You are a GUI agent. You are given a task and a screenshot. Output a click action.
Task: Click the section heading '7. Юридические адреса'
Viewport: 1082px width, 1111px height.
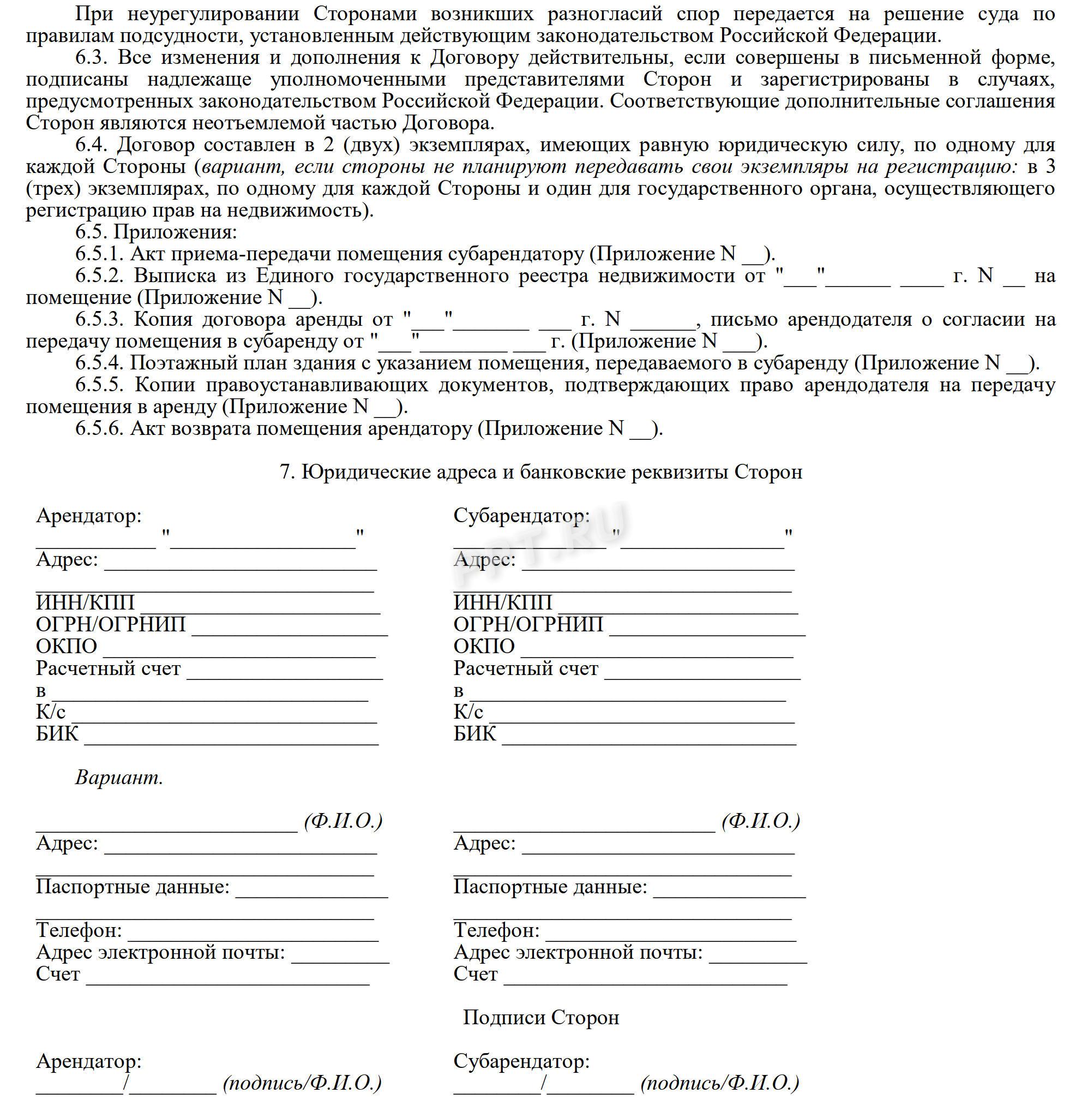[540, 472]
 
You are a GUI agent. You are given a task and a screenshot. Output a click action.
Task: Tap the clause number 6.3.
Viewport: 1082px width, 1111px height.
[94, 57]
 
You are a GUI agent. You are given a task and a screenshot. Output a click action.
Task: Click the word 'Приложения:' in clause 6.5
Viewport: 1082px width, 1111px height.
[175, 232]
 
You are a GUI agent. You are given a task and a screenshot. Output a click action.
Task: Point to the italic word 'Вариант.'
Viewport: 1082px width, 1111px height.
[119, 777]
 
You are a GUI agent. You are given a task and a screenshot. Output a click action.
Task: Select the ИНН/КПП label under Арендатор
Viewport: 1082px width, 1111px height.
[85, 602]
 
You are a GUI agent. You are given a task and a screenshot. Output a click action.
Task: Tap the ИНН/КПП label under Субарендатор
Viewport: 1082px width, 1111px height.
[502, 602]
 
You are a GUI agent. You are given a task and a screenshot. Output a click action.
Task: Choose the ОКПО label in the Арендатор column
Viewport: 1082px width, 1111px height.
[67, 647]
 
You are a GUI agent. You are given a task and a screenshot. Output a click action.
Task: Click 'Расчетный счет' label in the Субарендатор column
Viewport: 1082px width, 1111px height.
[526, 668]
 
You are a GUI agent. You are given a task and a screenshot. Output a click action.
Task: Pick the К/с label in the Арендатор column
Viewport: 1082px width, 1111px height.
[51, 712]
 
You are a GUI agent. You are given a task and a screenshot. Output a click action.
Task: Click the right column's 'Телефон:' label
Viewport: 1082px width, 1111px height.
[496, 930]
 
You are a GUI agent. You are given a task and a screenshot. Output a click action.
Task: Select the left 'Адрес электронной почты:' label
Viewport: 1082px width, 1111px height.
[160, 952]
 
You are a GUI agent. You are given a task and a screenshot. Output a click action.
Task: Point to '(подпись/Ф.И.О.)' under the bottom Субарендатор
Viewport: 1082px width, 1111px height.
[719, 1083]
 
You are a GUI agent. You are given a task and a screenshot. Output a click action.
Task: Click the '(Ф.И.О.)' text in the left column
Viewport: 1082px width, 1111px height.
[343, 821]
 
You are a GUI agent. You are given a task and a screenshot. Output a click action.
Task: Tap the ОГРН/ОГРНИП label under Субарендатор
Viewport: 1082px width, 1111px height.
[528, 624]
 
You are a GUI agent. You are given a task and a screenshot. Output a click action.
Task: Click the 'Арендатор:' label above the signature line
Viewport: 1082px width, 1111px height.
[89, 1061]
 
